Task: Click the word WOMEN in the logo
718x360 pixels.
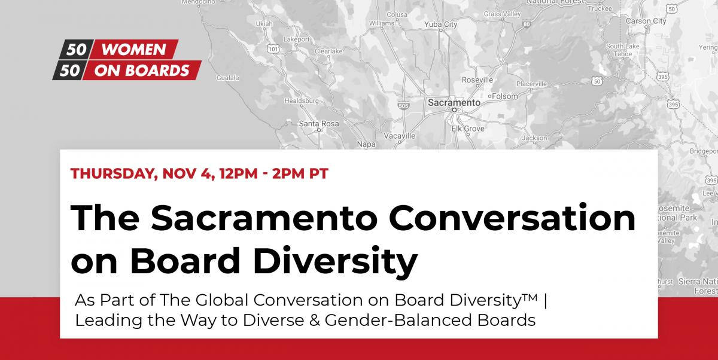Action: [133, 49]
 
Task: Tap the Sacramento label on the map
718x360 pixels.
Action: [454, 102]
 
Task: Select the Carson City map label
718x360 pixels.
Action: [646, 21]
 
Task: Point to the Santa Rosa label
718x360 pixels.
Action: [318, 123]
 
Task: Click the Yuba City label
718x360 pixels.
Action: [441, 25]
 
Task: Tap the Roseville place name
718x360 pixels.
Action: [477, 80]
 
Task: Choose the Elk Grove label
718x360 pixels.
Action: [468, 129]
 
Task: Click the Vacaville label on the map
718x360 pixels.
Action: [400, 136]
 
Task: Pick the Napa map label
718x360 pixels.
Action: [366, 145]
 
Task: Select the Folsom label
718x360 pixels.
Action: [505, 96]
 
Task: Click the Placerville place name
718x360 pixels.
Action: [531, 84]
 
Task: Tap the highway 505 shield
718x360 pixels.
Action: [403, 106]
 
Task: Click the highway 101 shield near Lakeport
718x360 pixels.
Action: [273, 49]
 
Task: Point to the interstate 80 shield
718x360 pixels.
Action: [526, 24]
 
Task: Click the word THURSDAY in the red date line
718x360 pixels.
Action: [114, 174]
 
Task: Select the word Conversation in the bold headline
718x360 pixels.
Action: [512, 218]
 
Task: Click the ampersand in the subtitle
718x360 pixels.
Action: [314, 321]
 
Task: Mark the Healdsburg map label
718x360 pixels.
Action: [302, 101]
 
